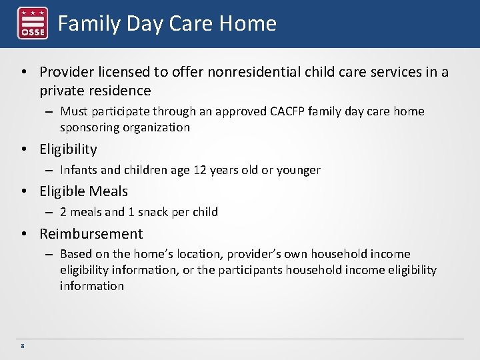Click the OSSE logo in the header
(x=32, y=24)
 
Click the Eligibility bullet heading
(x=68, y=149)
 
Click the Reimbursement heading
(x=91, y=234)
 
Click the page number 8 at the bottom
(x=23, y=346)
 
